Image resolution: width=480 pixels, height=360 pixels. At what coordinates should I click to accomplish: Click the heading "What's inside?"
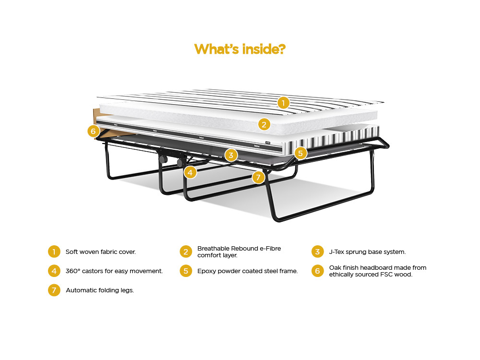[240, 49]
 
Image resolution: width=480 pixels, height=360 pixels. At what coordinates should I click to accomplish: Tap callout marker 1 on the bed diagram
[283, 103]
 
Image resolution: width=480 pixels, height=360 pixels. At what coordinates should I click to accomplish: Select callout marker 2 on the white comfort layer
[264, 125]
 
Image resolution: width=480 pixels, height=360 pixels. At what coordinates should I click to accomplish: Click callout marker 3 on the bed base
[231, 155]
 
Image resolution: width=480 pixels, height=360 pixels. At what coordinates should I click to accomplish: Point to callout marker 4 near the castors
[190, 173]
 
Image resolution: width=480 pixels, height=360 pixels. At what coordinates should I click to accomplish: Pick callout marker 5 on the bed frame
[300, 153]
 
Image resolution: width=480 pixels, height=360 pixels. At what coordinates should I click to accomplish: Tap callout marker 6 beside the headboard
[94, 132]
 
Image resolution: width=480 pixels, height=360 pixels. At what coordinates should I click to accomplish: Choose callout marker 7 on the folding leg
[258, 177]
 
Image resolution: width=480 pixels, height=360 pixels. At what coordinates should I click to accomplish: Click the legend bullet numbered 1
[54, 252]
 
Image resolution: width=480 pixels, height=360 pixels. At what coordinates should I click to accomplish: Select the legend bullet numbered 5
[186, 271]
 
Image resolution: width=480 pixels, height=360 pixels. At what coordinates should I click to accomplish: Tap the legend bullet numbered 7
[54, 290]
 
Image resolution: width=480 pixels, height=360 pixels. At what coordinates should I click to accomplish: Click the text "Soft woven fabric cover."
[101, 252]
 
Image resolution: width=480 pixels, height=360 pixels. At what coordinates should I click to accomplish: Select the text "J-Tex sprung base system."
[367, 252]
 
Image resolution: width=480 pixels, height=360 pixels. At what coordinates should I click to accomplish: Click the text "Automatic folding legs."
[100, 290]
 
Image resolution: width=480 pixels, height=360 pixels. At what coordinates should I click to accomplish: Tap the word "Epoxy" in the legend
[206, 271]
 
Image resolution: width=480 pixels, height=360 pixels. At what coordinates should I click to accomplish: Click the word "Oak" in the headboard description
[335, 267]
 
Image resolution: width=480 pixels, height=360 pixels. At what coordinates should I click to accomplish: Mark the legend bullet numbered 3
[317, 252]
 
